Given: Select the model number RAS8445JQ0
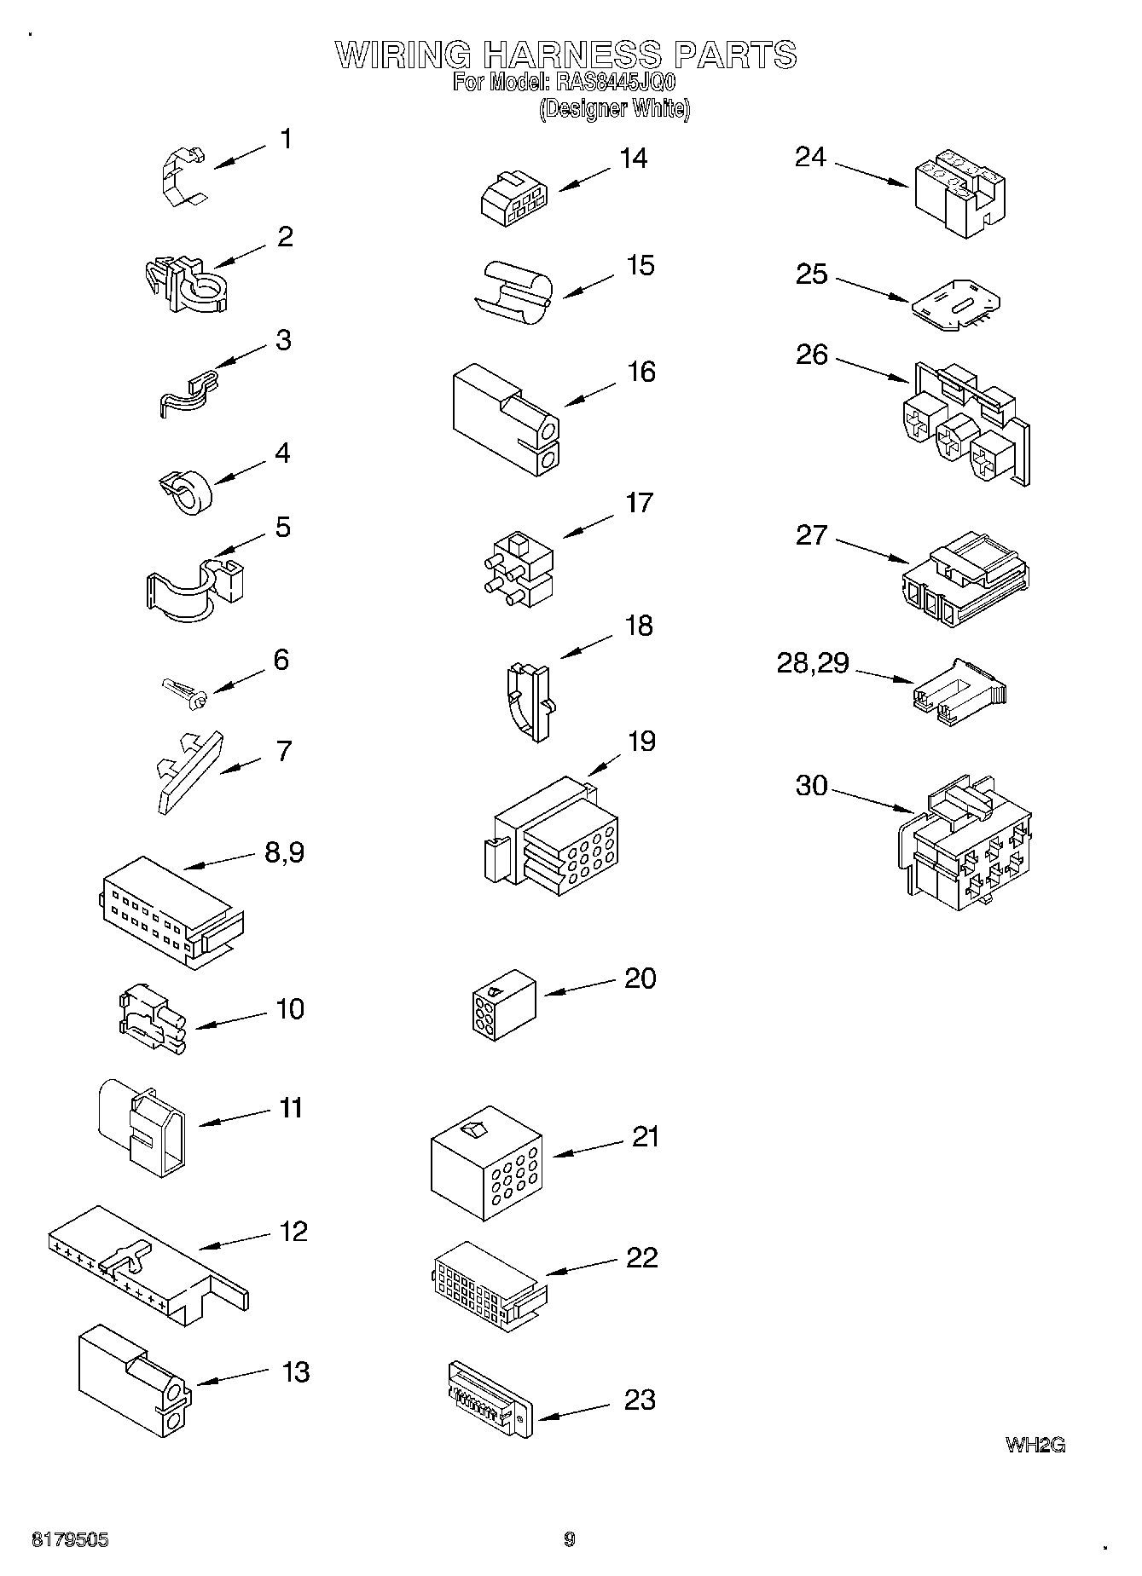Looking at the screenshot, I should (615, 83).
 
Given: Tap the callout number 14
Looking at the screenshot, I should (633, 159).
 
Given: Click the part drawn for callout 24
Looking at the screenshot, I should (958, 194).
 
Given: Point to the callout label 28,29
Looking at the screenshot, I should (812, 663).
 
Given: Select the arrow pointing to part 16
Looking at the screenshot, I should (589, 394).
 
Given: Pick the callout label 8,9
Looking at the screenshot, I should (284, 852).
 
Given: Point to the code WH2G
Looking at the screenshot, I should (1035, 1445).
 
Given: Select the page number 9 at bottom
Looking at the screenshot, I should (570, 1538).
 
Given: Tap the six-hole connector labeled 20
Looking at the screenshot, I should (503, 1005).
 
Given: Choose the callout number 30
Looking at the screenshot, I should (811, 785).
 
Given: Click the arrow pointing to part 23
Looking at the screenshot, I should (574, 1411).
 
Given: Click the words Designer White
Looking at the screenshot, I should (614, 109).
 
